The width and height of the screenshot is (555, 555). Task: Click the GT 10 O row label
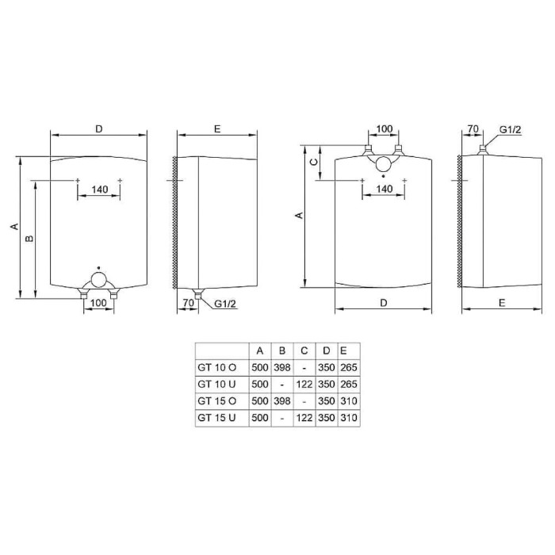tap(216, 367)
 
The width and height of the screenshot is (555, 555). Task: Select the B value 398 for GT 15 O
tap(282, 401)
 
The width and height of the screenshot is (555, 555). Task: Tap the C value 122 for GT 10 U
tap(304, 384)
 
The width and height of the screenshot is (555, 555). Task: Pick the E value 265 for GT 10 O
tap(349, 367)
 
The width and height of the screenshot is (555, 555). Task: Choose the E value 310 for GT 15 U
tap(349, 418)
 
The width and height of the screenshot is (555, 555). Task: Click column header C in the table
tap(304, 350)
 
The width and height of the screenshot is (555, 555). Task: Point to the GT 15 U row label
tap(216, 418)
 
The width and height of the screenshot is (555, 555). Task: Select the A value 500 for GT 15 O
tap(260, 401)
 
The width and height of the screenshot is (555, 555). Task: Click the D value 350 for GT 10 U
tap(327, 384)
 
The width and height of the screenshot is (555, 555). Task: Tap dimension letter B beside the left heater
tap(30, 238)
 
